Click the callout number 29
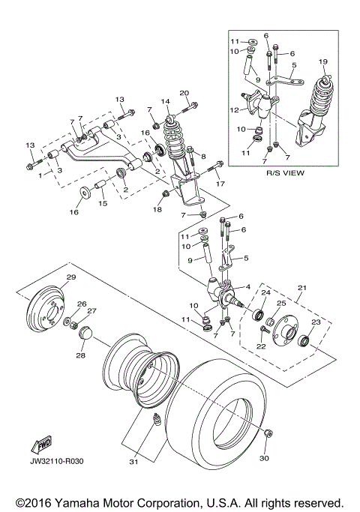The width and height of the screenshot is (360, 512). [71, 278]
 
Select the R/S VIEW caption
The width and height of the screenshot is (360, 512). [283, 172]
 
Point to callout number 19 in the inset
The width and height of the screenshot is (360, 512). [324, 61]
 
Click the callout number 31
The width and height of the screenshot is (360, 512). [133, 462]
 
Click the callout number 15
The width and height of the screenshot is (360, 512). [103, 204]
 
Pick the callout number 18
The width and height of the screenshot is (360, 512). [157, 211]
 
